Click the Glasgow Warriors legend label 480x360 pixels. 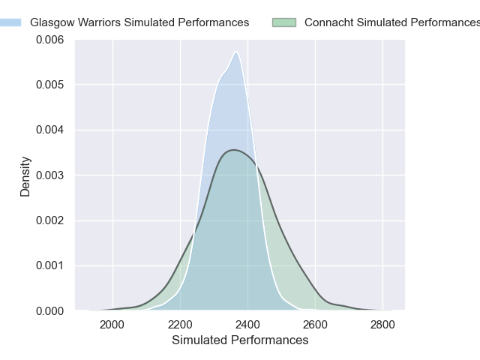(139, 22)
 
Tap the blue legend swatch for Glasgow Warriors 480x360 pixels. (11, 22)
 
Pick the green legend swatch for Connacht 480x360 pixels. (284, 22)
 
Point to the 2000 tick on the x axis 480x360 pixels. (112, 325)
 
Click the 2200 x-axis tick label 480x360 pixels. (180, 325)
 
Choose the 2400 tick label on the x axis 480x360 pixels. (247, 325)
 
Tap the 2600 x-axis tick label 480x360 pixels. (316, 325)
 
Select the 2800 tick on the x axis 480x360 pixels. (383, 325)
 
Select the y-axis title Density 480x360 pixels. (25, 175)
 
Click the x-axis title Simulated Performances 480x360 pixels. (240, 340)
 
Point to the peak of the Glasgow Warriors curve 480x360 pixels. (236, 52)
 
